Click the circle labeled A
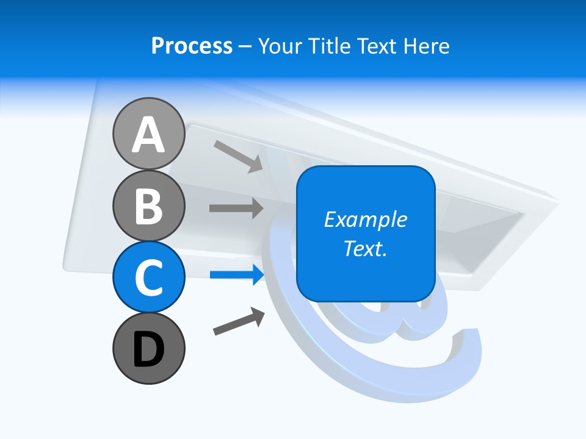click(x=148, y=134)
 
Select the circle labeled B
click(x=148, y=205)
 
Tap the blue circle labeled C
click(x=148, y=277)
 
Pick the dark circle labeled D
click(x=148, y=348)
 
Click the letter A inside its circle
click(x=148, y=135)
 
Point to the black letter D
click(x=148, y=350)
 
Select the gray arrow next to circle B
click(x=236, y=208)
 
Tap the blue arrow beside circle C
click(x=237, y=275)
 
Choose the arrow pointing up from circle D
click(x=239, y=321)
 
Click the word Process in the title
click(x=192, y=46)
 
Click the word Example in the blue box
click(x=365, y=220)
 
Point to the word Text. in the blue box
click(x=365, y=248)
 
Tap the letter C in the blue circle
click(x=148, y=278)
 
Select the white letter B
click(x=148, y=207)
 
